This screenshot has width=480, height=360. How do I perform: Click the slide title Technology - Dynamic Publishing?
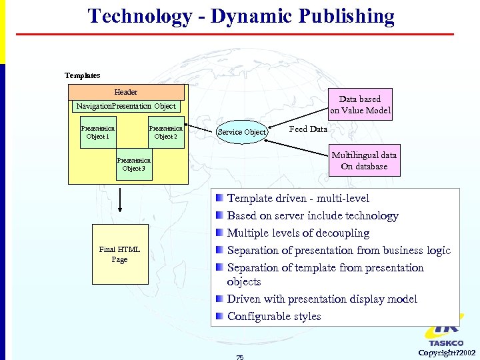241,16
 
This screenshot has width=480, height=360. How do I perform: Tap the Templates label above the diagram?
82,75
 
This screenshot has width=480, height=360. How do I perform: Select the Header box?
126,92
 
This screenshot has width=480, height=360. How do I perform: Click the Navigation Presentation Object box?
125,106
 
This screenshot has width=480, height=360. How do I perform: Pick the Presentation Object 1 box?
97,132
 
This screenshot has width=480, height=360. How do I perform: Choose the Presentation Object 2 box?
166,132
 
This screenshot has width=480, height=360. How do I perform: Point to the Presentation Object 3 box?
133,164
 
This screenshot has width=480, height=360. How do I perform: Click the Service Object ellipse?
242,132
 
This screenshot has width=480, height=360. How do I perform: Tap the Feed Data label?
308,129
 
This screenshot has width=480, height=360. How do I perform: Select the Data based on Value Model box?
360,105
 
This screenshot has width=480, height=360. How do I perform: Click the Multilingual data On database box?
365,161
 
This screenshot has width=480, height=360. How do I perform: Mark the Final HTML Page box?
119,255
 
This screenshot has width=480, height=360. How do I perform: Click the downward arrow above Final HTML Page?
120,200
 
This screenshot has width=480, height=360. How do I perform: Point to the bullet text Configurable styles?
274,316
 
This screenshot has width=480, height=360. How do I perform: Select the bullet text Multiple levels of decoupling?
298,233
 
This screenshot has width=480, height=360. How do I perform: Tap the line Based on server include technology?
313,215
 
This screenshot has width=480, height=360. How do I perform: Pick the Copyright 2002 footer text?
447,352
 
